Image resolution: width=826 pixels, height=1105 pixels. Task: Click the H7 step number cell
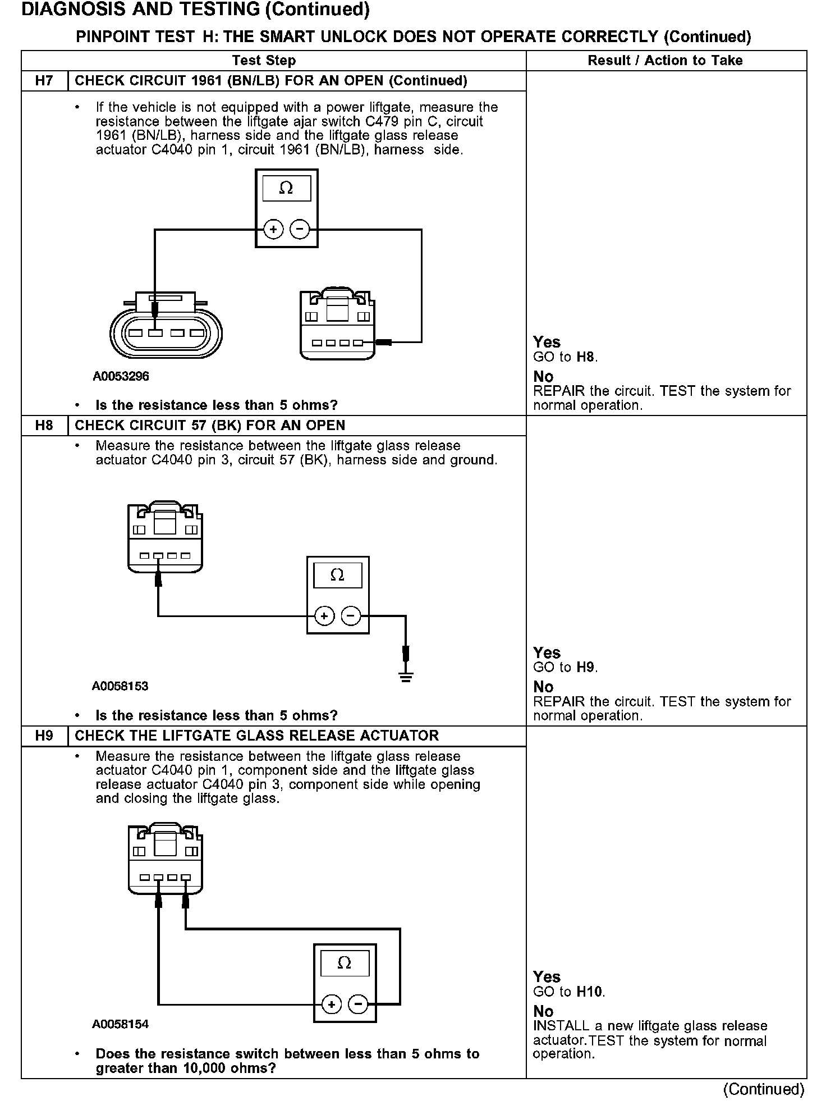tap(44, 81)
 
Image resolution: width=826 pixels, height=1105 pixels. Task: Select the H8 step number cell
tap(44, 426)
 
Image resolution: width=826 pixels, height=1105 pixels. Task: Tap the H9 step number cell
tap(44, 736)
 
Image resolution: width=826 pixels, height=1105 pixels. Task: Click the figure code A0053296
tap(121, 376)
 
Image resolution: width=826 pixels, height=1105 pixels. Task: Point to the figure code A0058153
tap(120, 686)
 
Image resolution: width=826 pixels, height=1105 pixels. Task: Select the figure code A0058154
tap(120, 1024)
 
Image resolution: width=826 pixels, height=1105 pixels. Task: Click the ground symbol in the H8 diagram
tap(406, 677)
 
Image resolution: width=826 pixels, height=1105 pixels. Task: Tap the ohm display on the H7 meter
tap(286, 189)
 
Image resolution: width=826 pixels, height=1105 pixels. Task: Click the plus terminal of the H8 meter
tap(324, 616)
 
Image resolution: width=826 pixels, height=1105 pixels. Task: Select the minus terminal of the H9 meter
tap(359, 1004)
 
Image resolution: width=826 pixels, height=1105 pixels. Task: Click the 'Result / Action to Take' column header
tap(665, 61)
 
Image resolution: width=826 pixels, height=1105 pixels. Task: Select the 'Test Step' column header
tap(264, 61)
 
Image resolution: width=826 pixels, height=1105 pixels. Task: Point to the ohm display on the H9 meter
tap(345, 964)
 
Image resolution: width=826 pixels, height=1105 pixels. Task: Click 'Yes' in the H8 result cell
tap(547, 653)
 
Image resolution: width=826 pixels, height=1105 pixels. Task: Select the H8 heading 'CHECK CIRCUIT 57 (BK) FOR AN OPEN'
tap(210, 426)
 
